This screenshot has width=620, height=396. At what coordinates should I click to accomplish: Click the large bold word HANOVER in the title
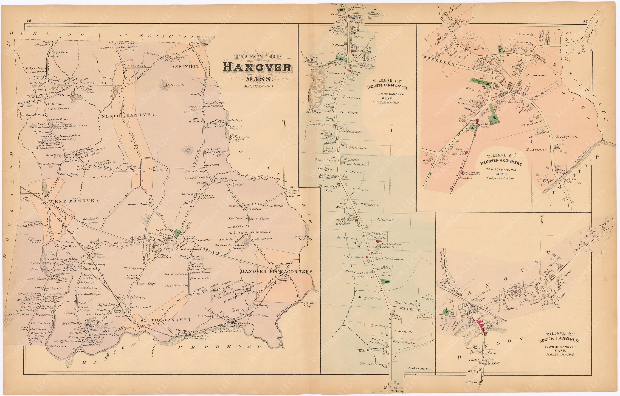257,67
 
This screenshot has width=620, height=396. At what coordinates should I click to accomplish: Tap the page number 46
28,21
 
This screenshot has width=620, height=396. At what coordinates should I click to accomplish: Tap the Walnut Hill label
175,85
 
